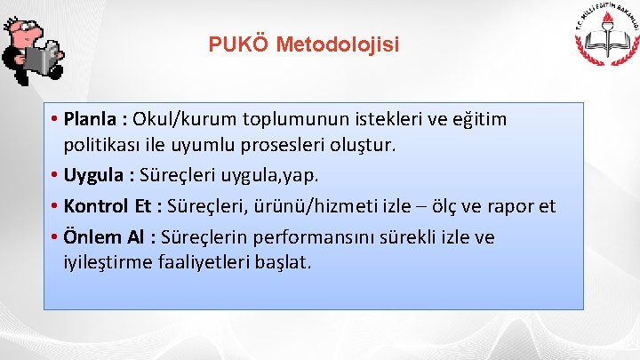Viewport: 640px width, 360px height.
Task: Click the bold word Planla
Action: tap(93, 118)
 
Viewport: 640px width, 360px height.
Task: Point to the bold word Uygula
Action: tap(95, 174)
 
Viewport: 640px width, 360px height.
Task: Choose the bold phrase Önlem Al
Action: tap(105, 237)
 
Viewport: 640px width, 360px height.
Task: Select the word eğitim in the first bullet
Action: tap(482, 118)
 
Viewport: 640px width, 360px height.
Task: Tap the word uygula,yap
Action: tap(270, 174)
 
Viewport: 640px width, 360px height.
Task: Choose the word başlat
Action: tap(283, 262)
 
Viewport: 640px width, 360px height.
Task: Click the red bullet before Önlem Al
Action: tap(55, 237)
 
